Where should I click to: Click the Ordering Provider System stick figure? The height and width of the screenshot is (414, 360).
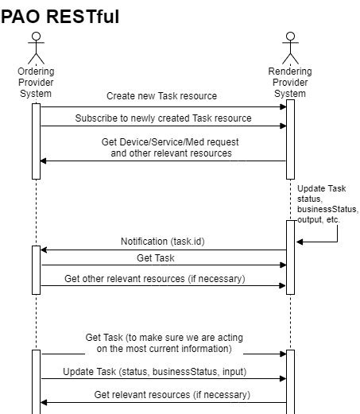[36, 48]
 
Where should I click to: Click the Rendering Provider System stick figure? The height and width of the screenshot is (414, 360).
[290, 48]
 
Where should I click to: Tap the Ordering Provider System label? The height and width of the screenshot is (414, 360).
[36, 83]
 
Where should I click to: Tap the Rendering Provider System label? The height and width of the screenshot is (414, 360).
[290, 83]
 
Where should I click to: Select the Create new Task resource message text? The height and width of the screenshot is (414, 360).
[161, 96]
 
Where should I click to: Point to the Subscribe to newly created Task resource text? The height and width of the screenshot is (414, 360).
[163, 118]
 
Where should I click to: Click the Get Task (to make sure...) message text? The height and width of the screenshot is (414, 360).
[164, 342]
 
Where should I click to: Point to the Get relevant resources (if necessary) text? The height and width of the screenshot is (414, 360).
[172, 393]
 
